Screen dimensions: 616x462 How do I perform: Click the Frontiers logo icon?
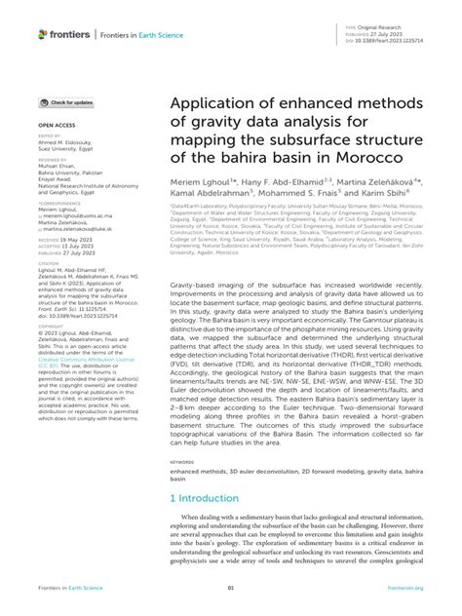pos(43,34)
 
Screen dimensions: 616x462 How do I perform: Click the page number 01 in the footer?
pos(230,588)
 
